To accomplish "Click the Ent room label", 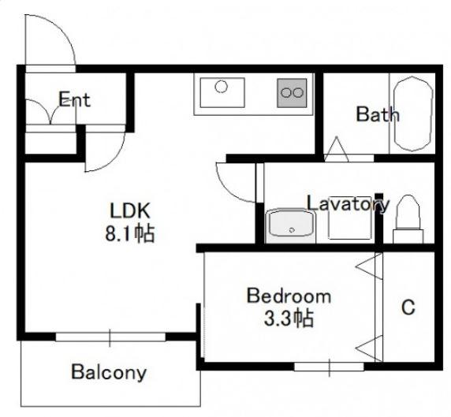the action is tap(74, 99).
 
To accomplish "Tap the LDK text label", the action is tap(130, 210).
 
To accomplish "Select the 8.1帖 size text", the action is tap(130, 233).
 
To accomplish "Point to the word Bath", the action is tap(378, 114).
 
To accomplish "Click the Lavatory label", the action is tap(348, 203).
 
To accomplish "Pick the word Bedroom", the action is tap(289, 296).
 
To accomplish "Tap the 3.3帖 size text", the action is tap(289, 318).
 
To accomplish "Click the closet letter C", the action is tap(408, 307).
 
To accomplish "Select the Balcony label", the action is tap(109, 372).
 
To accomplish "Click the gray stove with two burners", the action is tap(292, 93).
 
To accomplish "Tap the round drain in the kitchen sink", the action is tap(222, 86).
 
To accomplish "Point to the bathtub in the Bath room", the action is tap(413, 114).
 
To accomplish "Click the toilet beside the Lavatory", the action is tap(408, 219).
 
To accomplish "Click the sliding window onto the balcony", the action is tap(110, 337).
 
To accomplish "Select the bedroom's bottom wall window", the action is tap(329, 367).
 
